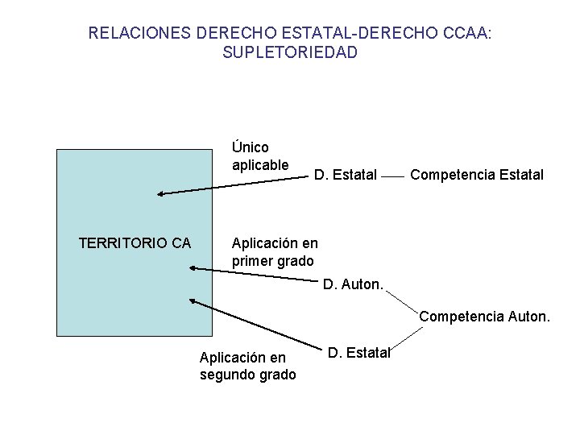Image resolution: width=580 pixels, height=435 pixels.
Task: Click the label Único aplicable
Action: (259, 156)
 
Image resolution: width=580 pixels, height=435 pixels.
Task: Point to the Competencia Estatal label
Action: (476, 174)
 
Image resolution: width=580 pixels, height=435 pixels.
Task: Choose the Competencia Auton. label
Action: (484, 317)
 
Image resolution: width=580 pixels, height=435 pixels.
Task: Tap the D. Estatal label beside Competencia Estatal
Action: (345, 174)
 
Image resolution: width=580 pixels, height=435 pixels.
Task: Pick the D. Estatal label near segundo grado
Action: (359, 352)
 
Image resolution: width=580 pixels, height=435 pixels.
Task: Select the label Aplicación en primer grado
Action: (274, 251)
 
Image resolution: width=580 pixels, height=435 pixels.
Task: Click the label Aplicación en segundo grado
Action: (247, 365)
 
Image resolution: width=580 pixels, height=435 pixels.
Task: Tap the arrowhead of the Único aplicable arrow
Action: (161, 193)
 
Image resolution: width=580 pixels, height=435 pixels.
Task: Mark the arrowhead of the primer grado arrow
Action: (192, 269)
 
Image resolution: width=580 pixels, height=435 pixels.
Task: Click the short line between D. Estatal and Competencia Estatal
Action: (392, 175)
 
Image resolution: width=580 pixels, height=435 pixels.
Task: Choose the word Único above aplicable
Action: (250, 147)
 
